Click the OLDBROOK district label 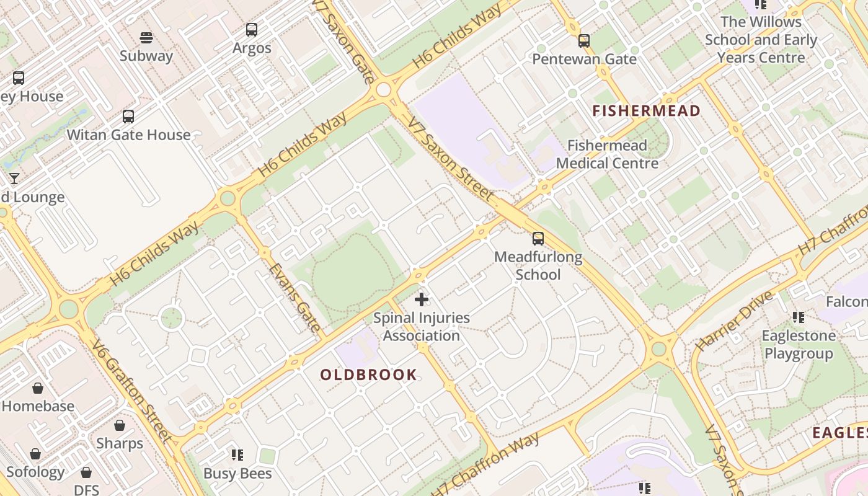368,374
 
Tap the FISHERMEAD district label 646,111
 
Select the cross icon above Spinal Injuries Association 422,300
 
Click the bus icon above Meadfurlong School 538,239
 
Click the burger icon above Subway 146,38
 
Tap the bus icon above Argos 252,29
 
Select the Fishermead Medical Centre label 606,154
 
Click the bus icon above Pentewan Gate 584,41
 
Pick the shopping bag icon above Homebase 38,388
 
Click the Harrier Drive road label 735,320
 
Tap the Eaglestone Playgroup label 799,345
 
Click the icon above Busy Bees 237,455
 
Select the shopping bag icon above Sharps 120,425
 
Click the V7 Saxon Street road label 451,159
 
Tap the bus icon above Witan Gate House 128,116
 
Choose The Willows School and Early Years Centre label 761,40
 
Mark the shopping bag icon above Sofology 35,454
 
